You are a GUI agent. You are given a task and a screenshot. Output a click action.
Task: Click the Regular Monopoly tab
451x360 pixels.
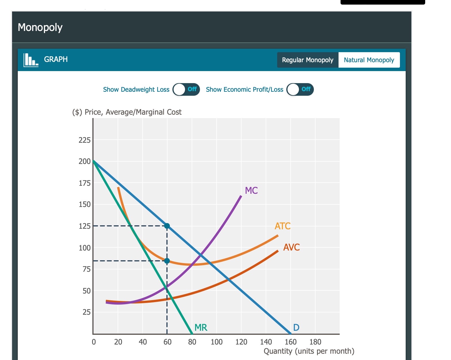click(308, 60)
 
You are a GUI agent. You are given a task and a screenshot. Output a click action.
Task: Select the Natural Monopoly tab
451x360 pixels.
click(369, 60)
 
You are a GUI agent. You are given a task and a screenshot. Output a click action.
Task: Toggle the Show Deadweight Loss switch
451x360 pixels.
click(186, 89)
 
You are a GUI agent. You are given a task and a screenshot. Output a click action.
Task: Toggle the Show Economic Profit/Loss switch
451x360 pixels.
click(300, 89)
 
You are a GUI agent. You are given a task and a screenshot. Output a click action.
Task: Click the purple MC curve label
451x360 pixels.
click(251, 191)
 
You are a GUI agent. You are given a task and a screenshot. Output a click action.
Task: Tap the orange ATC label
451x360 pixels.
click(282, 226)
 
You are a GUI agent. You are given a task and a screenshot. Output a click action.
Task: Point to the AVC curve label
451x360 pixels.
click(291, 247)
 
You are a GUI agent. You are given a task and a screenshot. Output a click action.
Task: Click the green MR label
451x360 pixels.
click(201, 327)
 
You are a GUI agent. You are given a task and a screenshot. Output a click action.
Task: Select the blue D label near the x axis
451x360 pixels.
click(296, 327)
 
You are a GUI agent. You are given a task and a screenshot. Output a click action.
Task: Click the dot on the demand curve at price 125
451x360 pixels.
click(167, 226)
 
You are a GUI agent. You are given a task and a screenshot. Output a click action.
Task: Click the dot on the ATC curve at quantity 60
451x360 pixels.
click(167, 261)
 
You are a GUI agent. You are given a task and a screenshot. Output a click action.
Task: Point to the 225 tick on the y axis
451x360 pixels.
click(84, 140)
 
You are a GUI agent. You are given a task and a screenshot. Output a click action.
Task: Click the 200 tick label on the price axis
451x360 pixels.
click(84, 161)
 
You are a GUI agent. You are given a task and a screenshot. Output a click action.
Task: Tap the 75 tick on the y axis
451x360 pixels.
click(86, 269)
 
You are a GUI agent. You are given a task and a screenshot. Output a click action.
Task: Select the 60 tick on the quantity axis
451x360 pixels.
click(167, 342)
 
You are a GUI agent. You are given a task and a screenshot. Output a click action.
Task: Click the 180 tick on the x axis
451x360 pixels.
click(315, 342)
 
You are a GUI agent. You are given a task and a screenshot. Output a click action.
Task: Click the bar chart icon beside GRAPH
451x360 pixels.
click(31, 60)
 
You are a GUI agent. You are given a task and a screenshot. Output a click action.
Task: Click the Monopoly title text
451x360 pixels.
click(40, 28)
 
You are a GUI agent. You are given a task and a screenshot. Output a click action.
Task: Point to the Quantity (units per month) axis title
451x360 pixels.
click(309, 351)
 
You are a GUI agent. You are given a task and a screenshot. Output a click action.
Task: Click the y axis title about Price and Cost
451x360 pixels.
click(127, 112)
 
